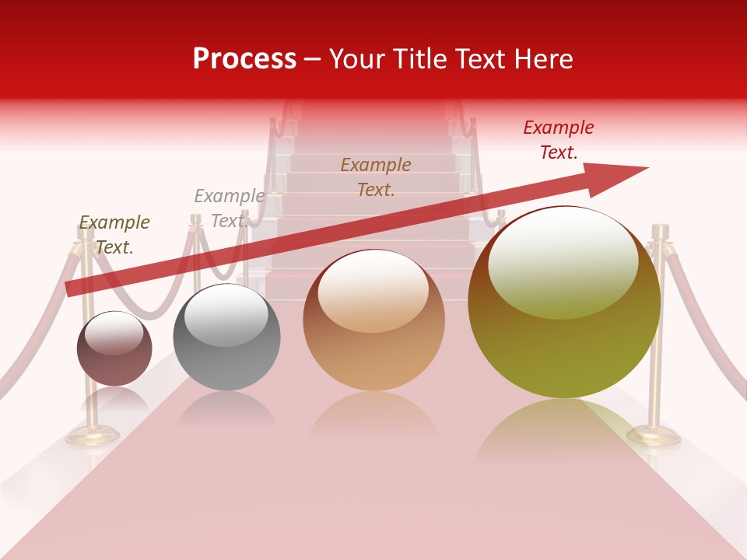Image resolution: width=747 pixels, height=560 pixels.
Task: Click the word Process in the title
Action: coord(244,59)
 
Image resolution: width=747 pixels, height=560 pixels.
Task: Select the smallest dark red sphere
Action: coord(114,348)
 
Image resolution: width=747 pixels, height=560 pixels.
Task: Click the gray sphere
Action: coord(226,337)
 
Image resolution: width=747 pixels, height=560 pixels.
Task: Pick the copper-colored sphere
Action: coord(374,320)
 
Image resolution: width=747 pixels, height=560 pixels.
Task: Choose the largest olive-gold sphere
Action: coord(564,303)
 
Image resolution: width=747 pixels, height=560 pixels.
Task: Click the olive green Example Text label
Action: coord(114,235)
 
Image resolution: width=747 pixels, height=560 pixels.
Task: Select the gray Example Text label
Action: coord(229,208)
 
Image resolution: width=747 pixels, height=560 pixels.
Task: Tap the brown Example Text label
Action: coord(376,177)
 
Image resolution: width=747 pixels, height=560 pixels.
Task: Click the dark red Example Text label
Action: coord(559,140)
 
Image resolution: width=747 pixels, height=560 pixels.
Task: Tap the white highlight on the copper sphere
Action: coord(373,292)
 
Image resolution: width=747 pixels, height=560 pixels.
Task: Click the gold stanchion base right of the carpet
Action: coord(654,436)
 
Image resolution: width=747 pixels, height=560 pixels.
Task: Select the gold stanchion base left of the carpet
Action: coord(92,436)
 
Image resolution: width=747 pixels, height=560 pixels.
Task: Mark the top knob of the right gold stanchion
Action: coord(661,230)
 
